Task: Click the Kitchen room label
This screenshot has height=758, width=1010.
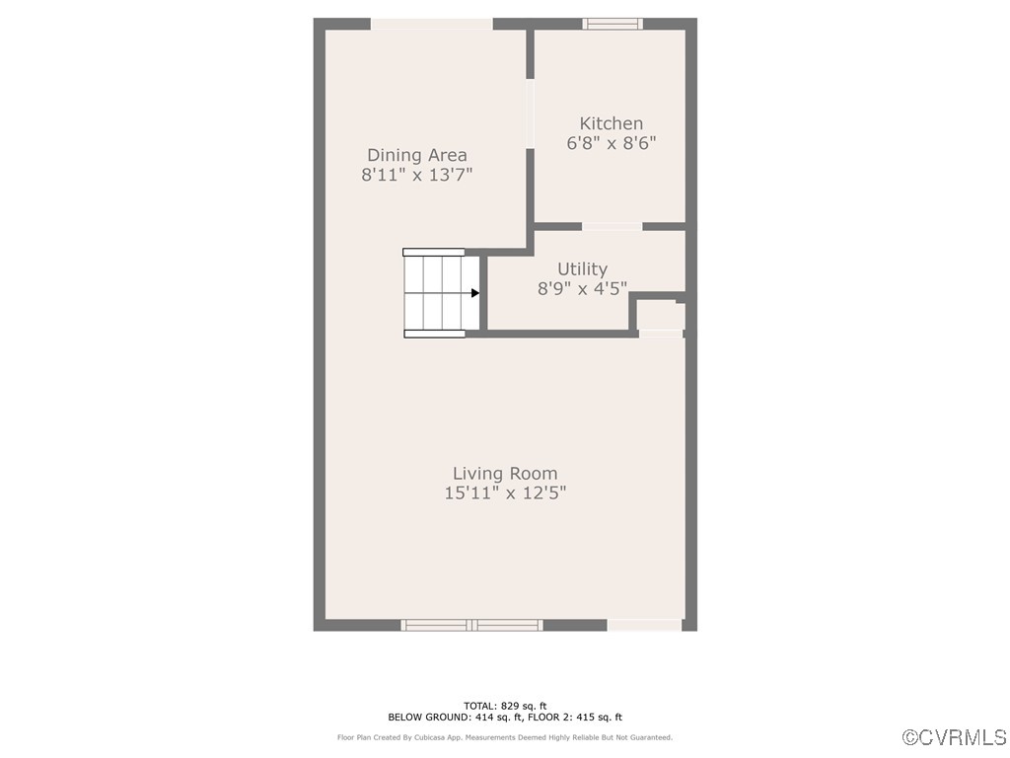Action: [x=611, y=123]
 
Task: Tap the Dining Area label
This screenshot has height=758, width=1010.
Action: [x=417, y=155]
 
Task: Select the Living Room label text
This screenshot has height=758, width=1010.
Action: [x=505, y=474]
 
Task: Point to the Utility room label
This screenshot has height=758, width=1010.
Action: [x=582, y=268]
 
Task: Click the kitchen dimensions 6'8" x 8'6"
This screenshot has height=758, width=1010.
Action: [x=611, y=143]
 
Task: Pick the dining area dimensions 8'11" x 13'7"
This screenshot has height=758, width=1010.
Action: [x=417, y=175]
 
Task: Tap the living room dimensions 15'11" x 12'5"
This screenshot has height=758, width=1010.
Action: [x=505, y=493]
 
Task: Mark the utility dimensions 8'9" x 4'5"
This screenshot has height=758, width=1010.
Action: [x=582, y=288]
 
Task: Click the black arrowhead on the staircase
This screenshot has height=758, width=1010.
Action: [x=474, y=293]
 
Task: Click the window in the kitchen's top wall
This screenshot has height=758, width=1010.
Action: [x=613, y=24]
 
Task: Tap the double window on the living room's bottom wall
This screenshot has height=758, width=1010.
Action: [x=471, y=625]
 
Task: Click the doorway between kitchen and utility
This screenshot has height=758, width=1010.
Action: [x=612, y=226]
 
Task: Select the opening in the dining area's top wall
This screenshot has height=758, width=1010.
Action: [x=432, y=24]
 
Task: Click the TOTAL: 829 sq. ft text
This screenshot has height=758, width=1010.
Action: [x=505, y=706]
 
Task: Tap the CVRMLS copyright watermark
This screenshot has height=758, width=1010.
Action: [x=955, y=737]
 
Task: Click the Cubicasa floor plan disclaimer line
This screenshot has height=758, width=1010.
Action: [x=505, y=737]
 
